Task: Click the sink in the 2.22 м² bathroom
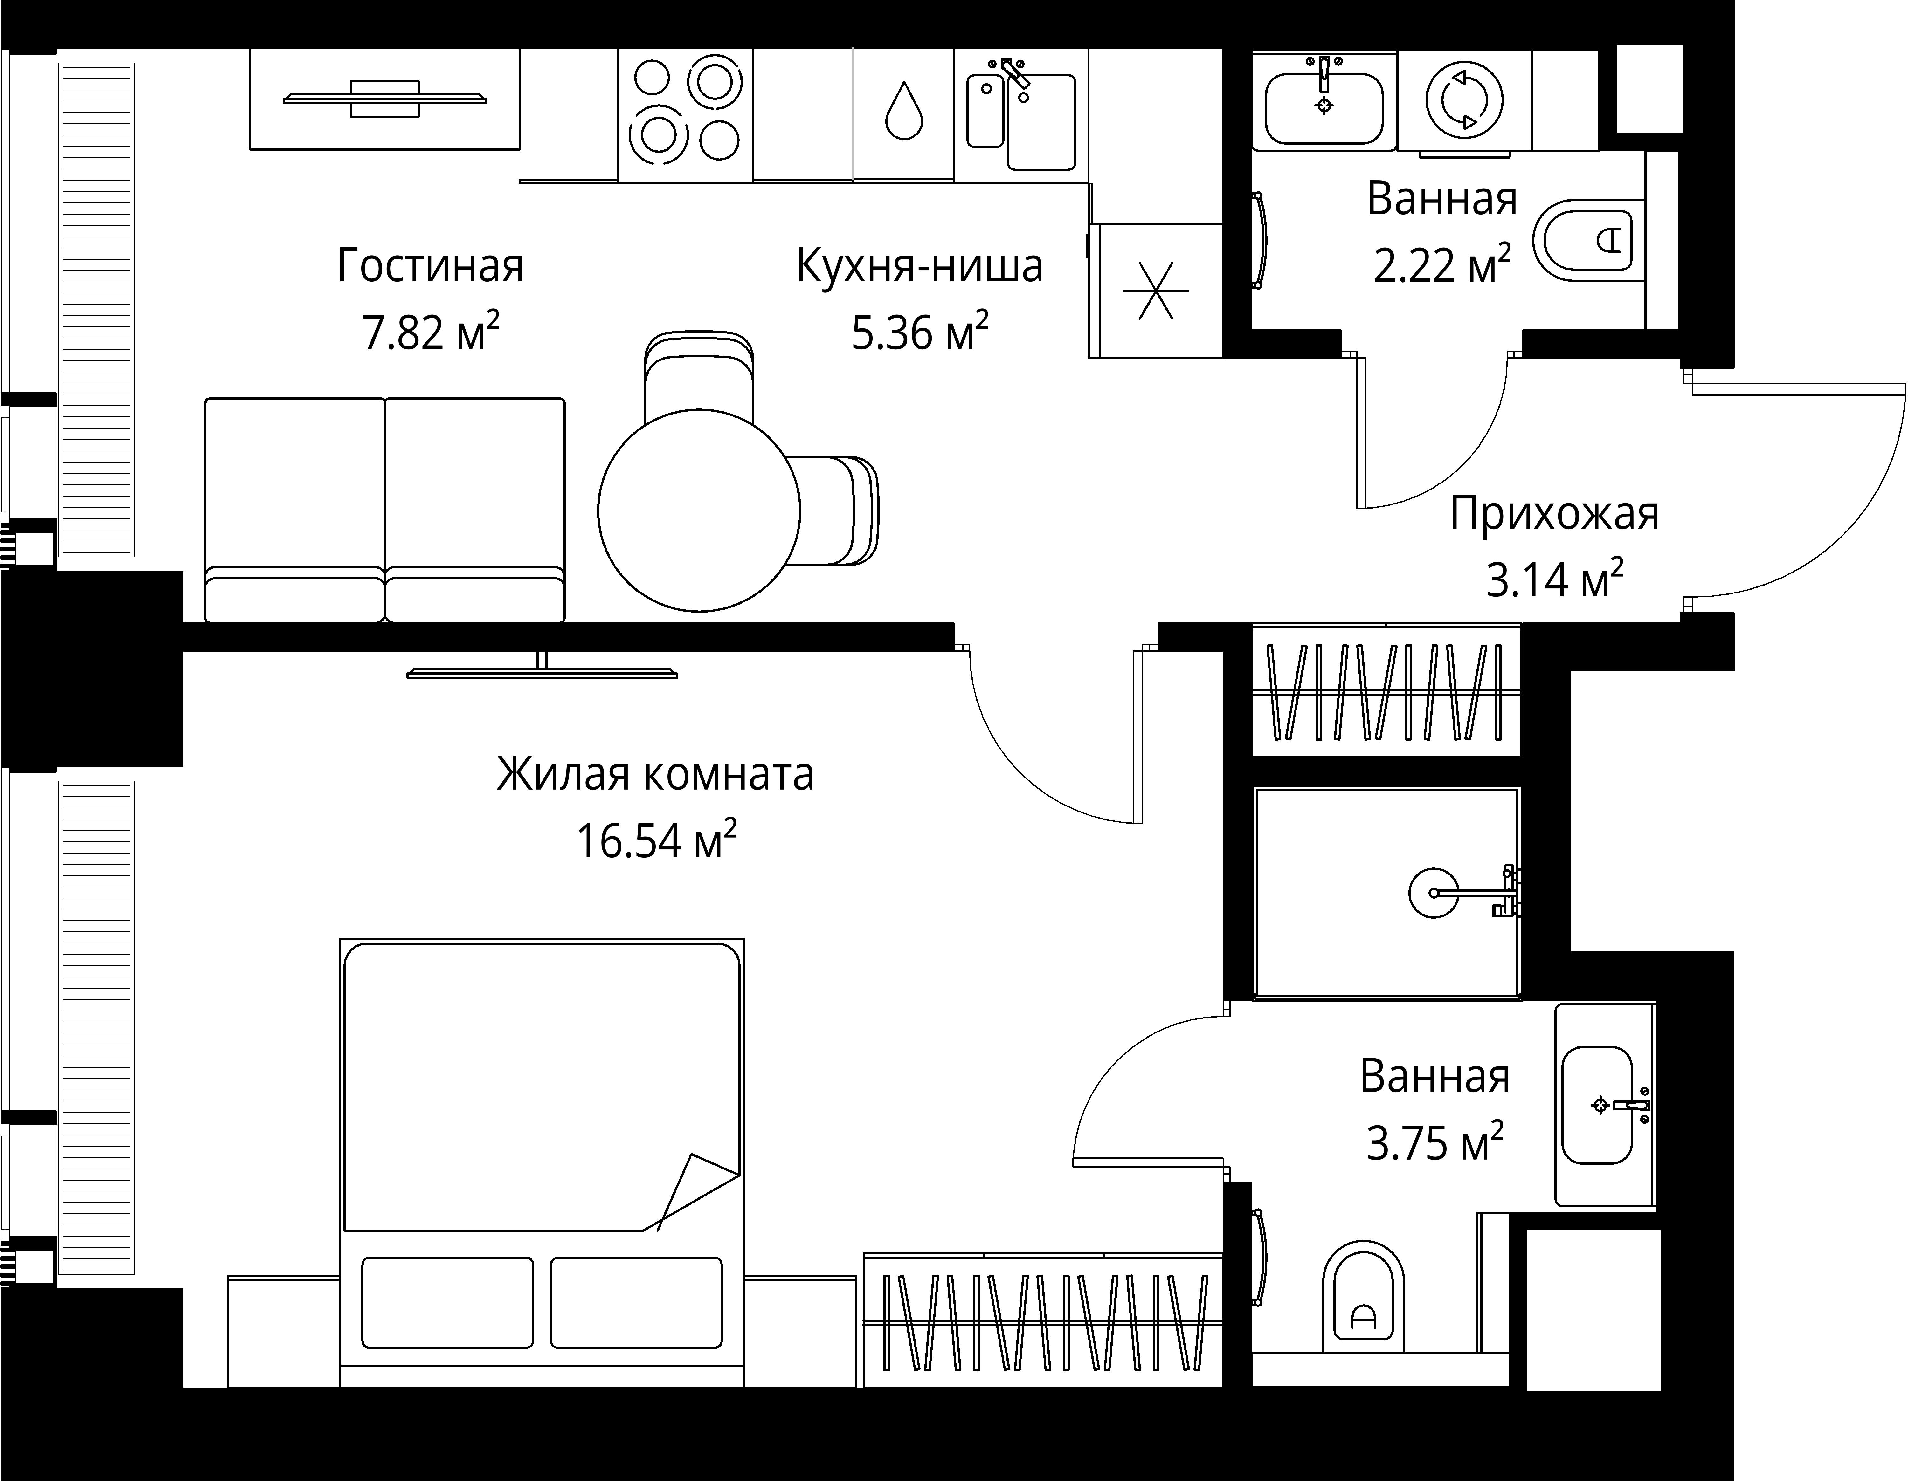tap(1324, 106)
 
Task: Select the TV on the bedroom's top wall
tap(542, 670)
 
